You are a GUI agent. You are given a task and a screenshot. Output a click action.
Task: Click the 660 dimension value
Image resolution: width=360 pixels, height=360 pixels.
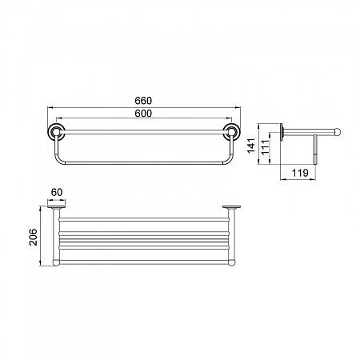(x=143, y=101)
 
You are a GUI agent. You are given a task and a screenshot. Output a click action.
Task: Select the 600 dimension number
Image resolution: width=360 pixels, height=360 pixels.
(x=143, y=114)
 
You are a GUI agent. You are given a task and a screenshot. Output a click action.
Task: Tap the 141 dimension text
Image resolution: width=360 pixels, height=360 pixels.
(x=251, y=146)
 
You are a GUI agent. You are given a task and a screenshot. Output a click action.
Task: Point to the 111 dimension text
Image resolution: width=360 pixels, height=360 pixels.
(x=265, y=147)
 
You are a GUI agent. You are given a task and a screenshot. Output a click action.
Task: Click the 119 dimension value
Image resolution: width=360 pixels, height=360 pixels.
(x=300, y=173)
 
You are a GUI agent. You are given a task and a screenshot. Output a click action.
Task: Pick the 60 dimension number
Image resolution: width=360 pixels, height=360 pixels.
(x=57, y=192)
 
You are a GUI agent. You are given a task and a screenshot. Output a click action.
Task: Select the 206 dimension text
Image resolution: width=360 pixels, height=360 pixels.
(x=34, y=237)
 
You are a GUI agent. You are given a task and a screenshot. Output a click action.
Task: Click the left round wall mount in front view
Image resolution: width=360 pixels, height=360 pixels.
(x=56, y=131)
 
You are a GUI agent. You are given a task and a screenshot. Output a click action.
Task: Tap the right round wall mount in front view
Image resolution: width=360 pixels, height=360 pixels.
(x=230, y=131)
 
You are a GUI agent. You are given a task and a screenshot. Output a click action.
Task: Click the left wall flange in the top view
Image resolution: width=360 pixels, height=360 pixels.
(x=56, y=207)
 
